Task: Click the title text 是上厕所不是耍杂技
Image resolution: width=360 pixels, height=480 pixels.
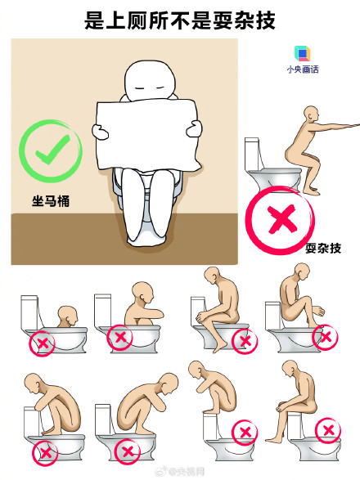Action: (x=179, y=20)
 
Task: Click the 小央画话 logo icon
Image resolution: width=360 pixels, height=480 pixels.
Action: (x=302, y=55)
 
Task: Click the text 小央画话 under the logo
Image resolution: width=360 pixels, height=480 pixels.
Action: (x=302, y=70)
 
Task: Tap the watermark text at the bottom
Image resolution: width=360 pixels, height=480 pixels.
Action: (x=182, y=472)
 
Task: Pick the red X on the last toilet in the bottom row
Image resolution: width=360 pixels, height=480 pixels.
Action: (x=328, y=429)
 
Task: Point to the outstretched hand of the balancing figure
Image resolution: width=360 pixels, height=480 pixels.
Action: (x=353, y=123)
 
